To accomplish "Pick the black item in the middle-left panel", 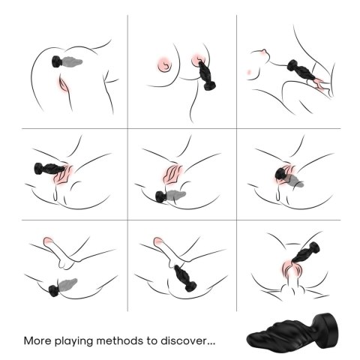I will point(46,168).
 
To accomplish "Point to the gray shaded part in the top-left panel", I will point(76,61).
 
